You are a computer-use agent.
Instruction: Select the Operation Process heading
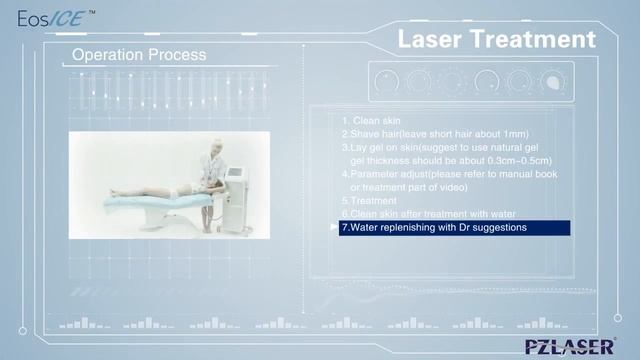click(139, 55)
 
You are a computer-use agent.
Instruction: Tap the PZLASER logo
click(570, 346)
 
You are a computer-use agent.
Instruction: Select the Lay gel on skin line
click(446, 147)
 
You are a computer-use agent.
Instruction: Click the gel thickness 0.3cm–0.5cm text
click(451, 160)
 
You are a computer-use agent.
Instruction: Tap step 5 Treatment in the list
click(369, 200)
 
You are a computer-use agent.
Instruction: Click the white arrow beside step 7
click(334, 228)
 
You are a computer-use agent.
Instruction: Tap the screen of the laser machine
click(236, 174)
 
